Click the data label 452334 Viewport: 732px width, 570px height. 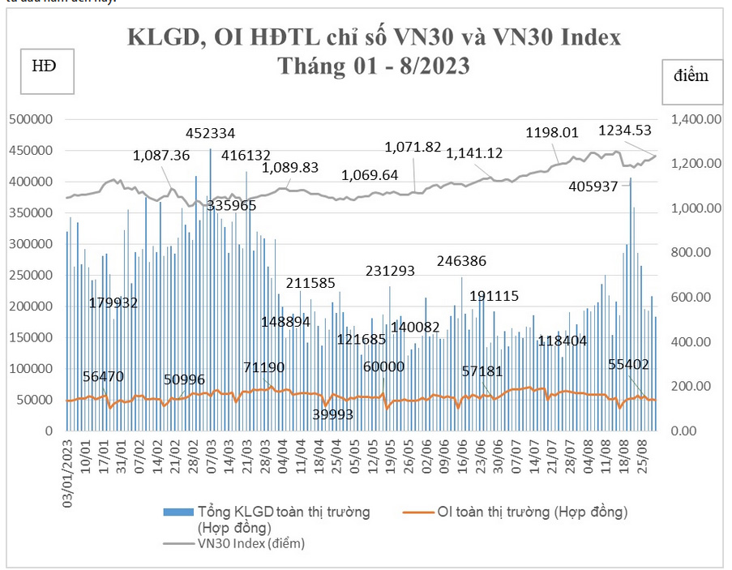pyautogui.click(x=211, y=133)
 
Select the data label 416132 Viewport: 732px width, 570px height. pyautogui.click(x=246, y=156)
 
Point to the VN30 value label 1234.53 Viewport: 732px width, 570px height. pyautogui.click(x=625, y=131)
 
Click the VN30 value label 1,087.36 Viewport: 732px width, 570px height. pyautogui.click(x=161, y=155)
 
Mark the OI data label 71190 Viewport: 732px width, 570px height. pyautogui.click(x=264, y=367)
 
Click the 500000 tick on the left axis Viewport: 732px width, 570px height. pyautogui.click(x=31, y=119)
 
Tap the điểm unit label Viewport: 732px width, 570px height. pyautogui.click(x=691, y=75)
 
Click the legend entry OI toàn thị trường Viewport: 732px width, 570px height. pyautogui.click(x=532, y=512)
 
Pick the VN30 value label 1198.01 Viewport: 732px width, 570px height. pyautogui.click(x=552, y=133)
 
